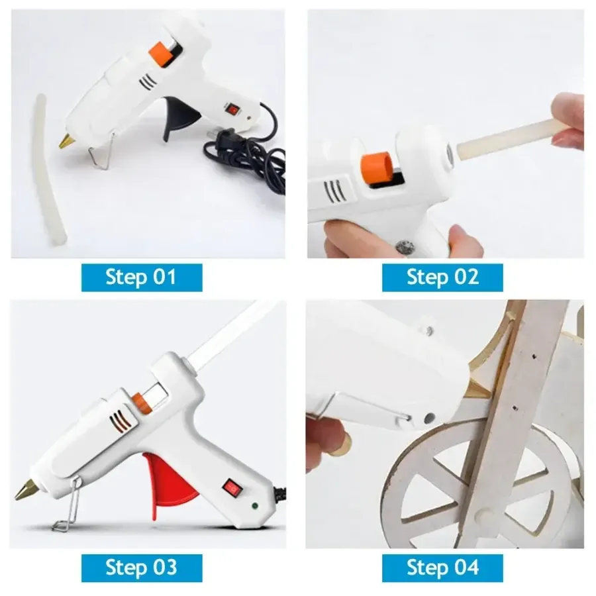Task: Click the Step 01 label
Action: pos(142,277)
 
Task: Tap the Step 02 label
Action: pos(442,277)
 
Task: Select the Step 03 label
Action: pos(142,568)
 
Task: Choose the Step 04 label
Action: pos(442,568)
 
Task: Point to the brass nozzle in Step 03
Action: pos(26,489)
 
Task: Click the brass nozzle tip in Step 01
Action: pos(66,141)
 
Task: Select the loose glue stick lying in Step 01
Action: pos(50,169)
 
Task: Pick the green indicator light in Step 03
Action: pos(254,506)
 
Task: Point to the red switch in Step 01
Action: pos(232,109)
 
